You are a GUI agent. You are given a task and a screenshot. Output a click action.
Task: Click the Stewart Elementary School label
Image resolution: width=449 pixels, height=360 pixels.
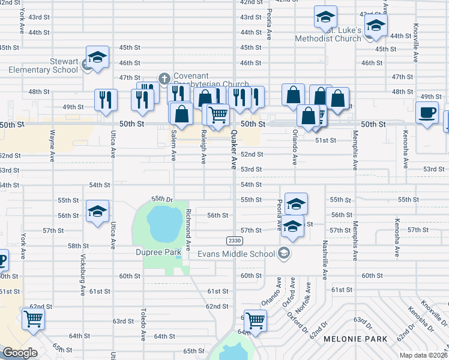pyautogui.click(x=43, y=65)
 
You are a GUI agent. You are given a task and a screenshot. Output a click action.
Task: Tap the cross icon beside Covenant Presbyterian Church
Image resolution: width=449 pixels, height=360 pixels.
pyautogui.click(x=164, y=78)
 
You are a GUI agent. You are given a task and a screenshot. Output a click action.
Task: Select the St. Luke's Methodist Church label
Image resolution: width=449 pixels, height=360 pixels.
pyautogui.click(x=328, y=34)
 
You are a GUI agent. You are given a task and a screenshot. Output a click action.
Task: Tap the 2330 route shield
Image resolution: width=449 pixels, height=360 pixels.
pyautogui.click(x=234, y=241)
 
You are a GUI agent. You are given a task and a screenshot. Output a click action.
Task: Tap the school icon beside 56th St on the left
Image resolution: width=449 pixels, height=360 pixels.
pyautogui.click(x=97, y=211)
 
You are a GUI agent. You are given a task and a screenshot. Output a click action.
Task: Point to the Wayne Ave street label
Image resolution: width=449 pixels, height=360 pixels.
pyautogui.click(x=53, y=142)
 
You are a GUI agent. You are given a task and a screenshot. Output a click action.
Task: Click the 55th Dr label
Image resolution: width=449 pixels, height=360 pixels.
pyautogui.click(x=162, y=198)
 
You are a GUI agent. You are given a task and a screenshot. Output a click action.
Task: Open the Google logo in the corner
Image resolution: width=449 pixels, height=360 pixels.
pyautogui.click(x=20, y=353)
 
